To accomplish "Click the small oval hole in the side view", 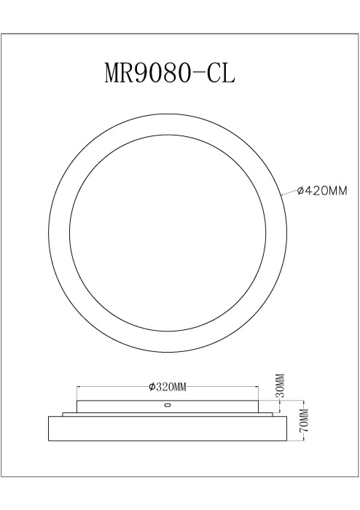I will (168, 404).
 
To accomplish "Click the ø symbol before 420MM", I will (300, 192).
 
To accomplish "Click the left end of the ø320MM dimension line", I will (77, 387).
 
